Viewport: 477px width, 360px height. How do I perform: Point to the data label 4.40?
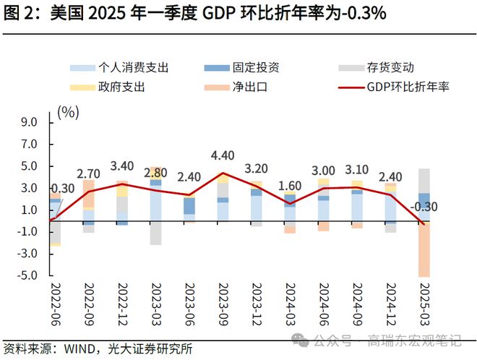coord(223,155)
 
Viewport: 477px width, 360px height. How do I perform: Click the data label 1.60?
coord(290,185)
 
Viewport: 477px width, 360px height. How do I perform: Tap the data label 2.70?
coord(88,174)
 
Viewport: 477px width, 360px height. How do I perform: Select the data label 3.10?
coord(356,170)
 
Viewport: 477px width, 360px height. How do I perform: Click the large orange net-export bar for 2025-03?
coord(424,249)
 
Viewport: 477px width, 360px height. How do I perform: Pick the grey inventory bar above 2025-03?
coord(424,180)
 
